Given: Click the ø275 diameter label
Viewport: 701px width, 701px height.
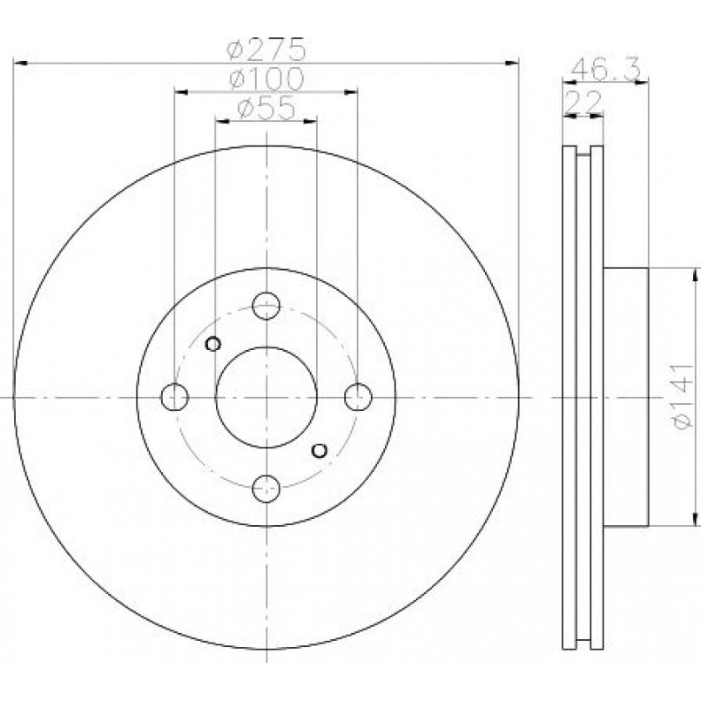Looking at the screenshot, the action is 266,49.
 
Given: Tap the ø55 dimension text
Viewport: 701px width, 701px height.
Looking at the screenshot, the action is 266,107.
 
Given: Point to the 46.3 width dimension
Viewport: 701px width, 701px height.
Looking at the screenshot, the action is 606,70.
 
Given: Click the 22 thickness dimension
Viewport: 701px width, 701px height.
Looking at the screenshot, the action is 583,103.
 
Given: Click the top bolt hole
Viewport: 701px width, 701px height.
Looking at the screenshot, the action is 266,306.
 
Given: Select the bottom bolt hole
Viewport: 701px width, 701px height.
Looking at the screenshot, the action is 266,489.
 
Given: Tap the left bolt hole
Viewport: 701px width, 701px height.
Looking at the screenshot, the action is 174,397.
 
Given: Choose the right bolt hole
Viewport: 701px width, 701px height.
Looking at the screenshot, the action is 358,397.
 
